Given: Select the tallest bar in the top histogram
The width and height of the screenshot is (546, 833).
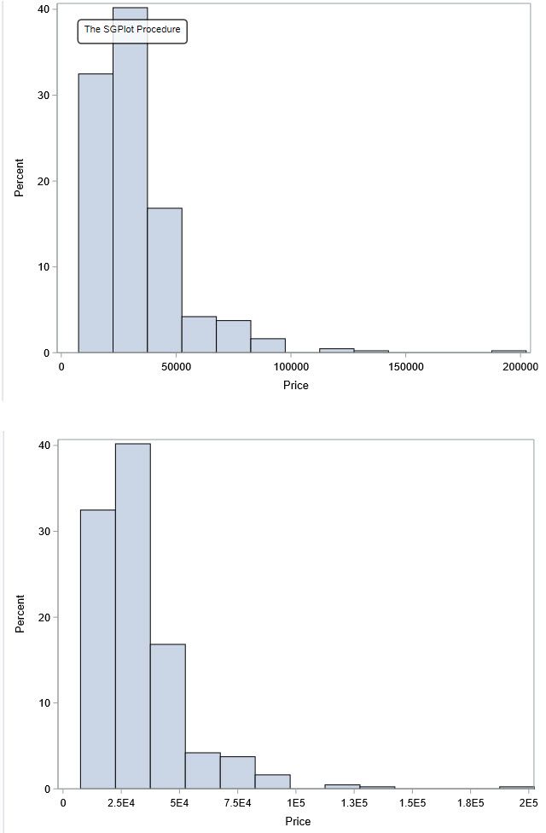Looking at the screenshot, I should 130,188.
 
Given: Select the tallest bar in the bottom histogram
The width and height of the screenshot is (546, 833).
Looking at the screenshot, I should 132,615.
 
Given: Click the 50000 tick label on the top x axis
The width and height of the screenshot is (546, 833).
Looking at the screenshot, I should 176,367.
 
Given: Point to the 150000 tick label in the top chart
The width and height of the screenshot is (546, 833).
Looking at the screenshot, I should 405,367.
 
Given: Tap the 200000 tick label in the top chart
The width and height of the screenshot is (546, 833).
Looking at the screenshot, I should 520,367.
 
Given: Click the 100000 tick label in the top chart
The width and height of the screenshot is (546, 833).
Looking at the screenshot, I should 291,367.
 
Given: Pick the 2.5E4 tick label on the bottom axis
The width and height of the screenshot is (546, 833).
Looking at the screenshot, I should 121,804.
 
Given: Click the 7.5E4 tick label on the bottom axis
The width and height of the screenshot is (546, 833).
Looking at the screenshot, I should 237,804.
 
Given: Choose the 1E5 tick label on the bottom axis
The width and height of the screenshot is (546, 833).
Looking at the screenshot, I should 296,804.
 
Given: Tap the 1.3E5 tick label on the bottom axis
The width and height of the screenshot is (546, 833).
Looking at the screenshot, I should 354,804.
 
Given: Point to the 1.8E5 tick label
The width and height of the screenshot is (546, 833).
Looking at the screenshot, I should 470,804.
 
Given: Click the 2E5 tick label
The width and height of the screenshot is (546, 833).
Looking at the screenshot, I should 526,804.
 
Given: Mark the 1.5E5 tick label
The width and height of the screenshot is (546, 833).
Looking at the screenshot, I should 412,804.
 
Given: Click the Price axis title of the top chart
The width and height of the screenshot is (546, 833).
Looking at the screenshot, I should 296,385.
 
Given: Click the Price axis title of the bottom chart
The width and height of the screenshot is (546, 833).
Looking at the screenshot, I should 299,821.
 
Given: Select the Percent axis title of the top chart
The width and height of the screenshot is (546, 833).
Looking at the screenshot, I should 19,178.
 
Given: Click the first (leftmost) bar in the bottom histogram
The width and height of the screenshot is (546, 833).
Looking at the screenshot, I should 97,649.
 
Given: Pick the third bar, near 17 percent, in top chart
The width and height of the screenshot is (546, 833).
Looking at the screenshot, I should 164,282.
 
